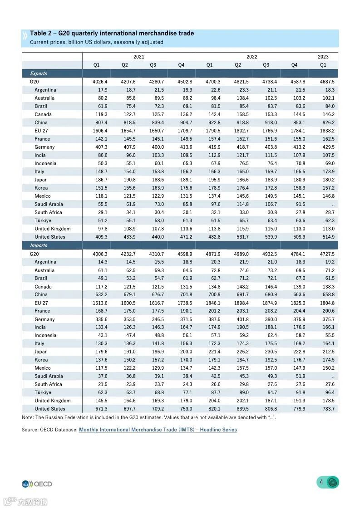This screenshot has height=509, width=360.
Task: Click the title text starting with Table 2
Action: [112, 34]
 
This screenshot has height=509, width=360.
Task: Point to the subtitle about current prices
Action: [96, 42]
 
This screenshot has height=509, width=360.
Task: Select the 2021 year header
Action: [139, 57]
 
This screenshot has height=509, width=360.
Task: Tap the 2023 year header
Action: [323, 57]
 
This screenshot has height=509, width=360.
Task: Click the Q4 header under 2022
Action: [294, 65]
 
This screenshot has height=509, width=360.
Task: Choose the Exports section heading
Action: [39, 73]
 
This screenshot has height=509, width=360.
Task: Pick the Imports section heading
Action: [39, 245]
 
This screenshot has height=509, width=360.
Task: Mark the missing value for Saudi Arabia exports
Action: [333, 204]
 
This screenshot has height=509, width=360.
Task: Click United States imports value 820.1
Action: [213, 409]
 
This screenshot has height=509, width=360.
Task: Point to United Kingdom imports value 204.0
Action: [213, 401]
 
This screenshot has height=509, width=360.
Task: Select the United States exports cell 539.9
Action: [270, 237]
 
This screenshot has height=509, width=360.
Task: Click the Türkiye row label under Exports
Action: [43, 220]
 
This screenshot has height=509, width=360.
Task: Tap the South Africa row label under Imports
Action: [48, 384]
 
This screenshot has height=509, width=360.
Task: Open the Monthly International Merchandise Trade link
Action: [158, 430]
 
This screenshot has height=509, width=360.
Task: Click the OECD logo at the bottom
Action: [37, 484]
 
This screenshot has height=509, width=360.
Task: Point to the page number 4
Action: [321, 482]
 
